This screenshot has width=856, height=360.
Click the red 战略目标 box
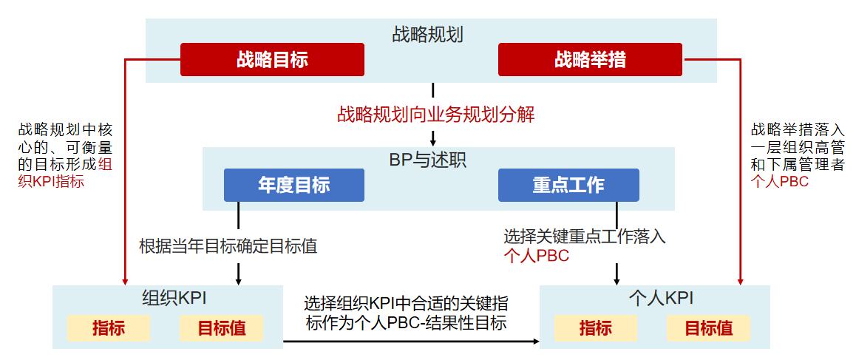272,59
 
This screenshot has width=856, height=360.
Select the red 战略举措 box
590,59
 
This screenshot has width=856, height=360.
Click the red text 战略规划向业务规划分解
435,115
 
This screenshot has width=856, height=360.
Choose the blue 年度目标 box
293,185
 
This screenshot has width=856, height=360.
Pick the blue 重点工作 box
568,185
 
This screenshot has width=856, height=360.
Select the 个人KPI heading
660,298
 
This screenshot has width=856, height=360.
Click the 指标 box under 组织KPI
109,327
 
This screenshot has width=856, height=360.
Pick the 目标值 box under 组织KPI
222,327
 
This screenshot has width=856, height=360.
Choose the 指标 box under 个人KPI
595,327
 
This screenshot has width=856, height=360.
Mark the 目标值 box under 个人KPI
708,327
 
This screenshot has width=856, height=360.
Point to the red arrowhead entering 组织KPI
123,281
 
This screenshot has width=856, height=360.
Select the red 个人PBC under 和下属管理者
779,181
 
